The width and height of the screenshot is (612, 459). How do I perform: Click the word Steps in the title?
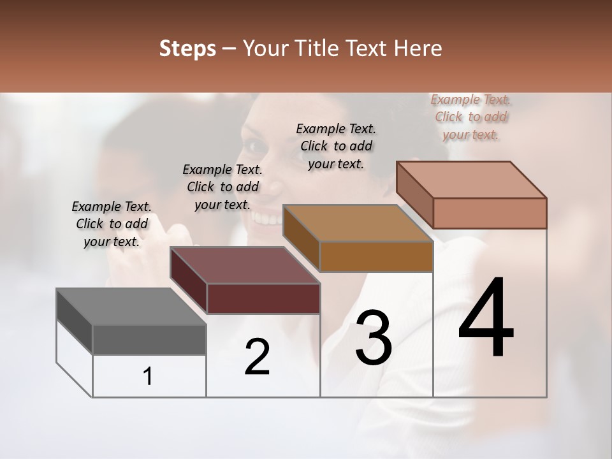tap(187, 48)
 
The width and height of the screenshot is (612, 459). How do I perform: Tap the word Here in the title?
tap(417, 48)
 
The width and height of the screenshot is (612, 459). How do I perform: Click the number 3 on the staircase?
tap(373, 338)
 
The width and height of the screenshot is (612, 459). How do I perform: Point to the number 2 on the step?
tap(257, 357)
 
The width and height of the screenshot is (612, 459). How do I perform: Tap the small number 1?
tap(148, 377)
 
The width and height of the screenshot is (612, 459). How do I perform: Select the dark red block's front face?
tap(263, 298)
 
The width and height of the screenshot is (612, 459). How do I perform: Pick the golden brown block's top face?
tap(357, 223)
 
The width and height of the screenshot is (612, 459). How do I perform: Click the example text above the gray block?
tap(112, 224)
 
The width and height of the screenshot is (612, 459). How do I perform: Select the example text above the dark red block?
tap(222, 187)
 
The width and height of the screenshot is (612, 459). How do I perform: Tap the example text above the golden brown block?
tap(336, 146)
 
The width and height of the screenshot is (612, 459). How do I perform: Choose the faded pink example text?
tap(471, 117)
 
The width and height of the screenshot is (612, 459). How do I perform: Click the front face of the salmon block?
tap(490, 213)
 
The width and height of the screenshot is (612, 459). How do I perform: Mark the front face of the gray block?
tap(149, 339)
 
